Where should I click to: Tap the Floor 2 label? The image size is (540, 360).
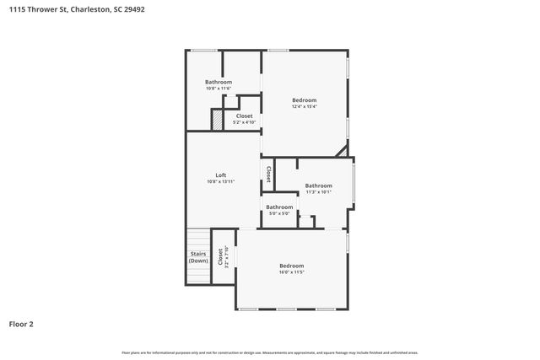[x=21, y=323]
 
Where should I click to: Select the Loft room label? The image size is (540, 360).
[x=220, y=175]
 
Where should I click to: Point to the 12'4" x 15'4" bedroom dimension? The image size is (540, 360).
[x=304, y=106]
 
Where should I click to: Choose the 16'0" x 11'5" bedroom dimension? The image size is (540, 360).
[x=291, y=272]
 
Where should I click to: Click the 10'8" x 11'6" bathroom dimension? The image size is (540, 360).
[x=218, y=89]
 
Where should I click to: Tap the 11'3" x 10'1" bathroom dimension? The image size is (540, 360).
[x=318, y=191]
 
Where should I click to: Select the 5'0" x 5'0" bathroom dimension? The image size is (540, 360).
[x=279, y=213]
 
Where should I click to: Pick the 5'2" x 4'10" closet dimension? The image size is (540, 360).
[x=244, y=122]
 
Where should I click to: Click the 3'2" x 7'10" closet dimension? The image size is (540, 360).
[x=224, y=256]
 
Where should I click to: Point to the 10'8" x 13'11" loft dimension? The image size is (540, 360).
[x=220, y=181]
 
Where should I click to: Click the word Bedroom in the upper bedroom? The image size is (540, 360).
[x=304, y=99]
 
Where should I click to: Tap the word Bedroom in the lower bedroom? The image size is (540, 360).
[x=291, y=266]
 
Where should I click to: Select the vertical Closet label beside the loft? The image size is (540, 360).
[x=268, y=174]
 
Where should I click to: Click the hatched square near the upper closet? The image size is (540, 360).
[x=217, y=121]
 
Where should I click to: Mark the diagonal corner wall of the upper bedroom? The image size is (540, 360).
[x=342, y=151]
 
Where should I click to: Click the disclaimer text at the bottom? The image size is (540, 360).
[x=269, y=352]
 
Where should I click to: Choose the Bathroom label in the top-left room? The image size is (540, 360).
[x=218, y=82]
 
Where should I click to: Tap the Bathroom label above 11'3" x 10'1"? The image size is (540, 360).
[x=318, y=185]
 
